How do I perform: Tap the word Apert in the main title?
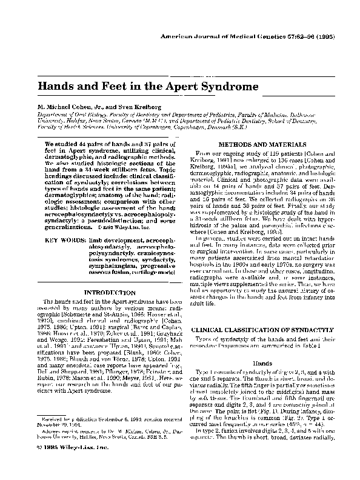[172, 87]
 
